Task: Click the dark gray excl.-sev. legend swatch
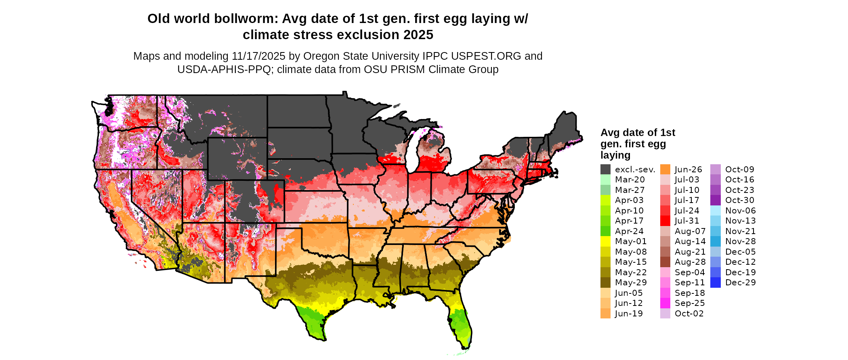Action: coord(605,170)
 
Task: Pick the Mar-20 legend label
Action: coord(630,180)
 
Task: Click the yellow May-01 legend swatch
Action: coord(605,241)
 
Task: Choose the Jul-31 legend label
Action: coord(687,221)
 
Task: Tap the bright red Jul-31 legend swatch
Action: coord(665,221)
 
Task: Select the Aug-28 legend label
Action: coord(690,262)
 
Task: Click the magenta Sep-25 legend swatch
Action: coord(665,303)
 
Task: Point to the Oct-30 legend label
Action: coord(739,200)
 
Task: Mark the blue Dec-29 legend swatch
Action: coord(715,283)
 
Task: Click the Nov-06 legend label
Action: coord(740,211)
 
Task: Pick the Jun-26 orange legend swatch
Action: coord(665,170)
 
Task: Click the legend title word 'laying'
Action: coord(615,155)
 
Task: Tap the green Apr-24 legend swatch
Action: coord(605,231)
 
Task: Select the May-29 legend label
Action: coord(631,283)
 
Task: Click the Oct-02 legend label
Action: coord(689,314)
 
